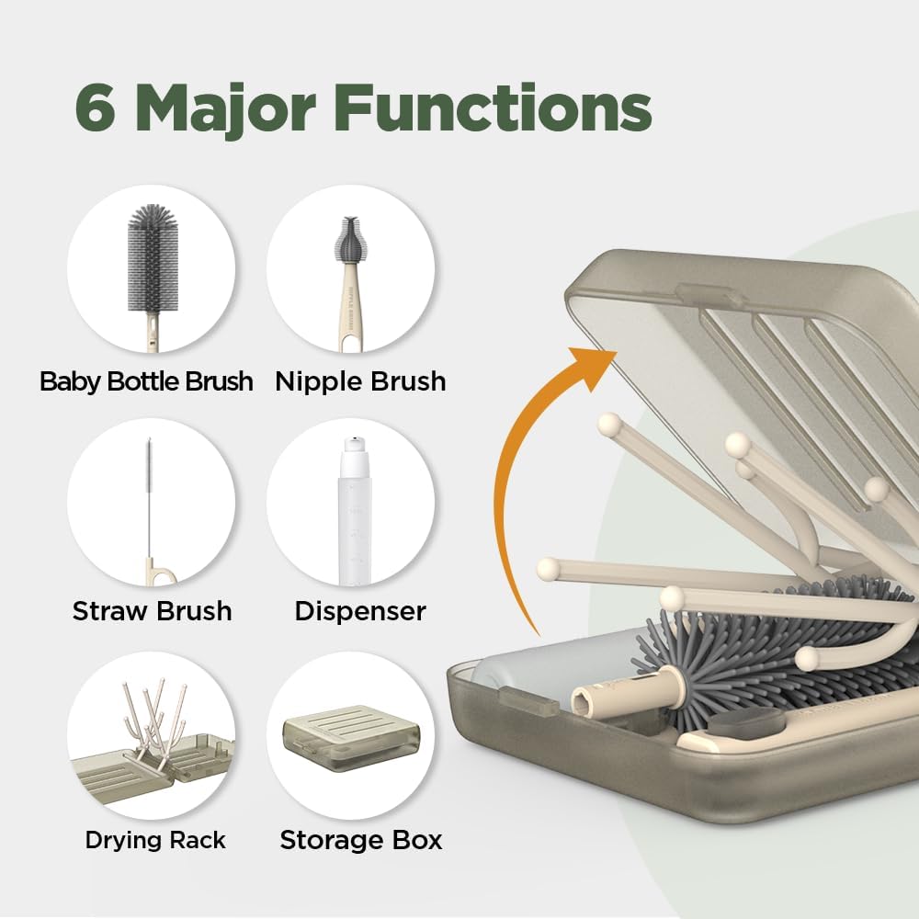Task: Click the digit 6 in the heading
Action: click(98, 111)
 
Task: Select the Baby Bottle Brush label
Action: click(146, 381)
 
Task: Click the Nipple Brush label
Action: click(360, 381)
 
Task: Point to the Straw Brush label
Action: click(152, 611)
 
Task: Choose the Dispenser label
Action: click(360, 611)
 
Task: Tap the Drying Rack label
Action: click(154, 839)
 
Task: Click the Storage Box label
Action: click(360, 839)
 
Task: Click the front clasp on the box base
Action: click(528, 706)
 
